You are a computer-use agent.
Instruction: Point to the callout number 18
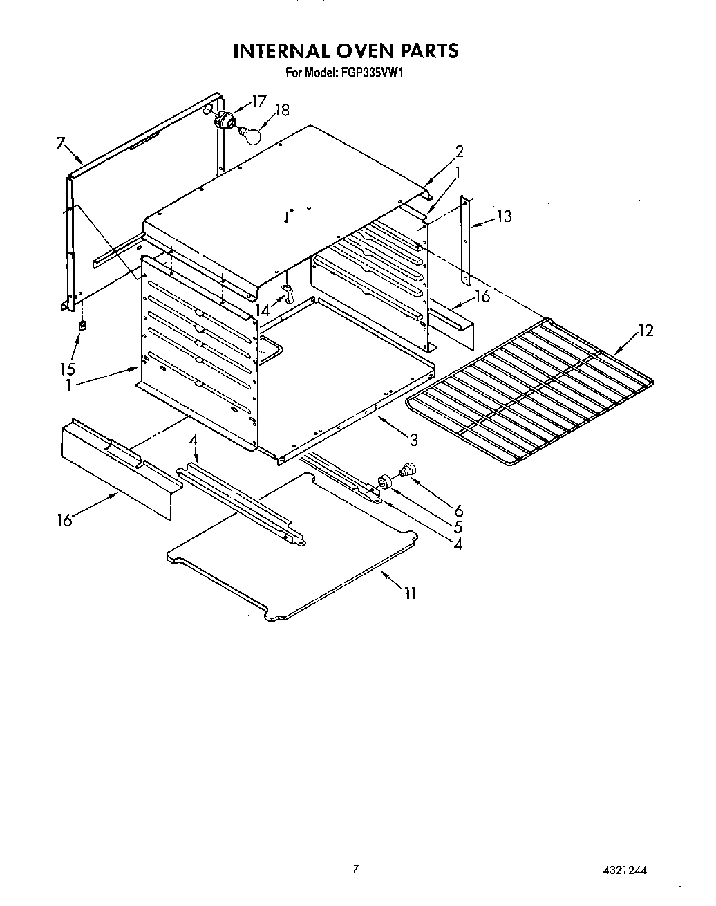click(282, 110)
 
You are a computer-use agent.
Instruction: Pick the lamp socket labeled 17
click(223, 120)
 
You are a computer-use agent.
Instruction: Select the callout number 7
click(61, 143)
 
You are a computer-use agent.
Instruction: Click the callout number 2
click(459, 151)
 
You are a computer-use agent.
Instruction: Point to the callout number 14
click(262, 311)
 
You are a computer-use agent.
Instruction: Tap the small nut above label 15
click(82, 324)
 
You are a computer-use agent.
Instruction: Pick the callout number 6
click(458, 511)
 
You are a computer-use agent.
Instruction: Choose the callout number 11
click(410, 593)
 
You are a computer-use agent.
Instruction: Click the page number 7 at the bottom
click(355, 869)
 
